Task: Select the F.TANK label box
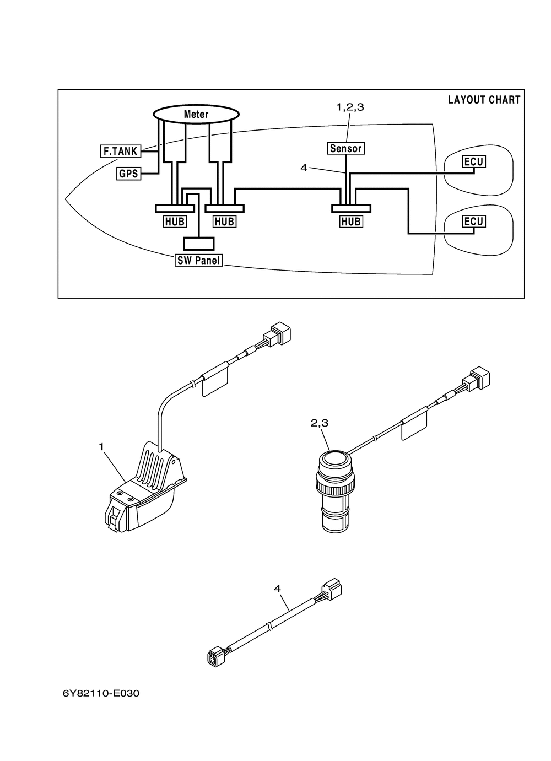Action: (x=120, y=151)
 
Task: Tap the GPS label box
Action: (x=128, y=174)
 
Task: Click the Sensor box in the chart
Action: (x=346, y=148)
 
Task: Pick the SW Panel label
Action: (x=199, y=260)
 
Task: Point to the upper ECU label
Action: (x=474, y=161)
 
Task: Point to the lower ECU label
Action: (x=474, y=222)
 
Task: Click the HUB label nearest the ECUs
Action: (x=351, y=222)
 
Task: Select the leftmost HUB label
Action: (x=175, y=222)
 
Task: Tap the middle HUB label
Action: (x=224, y=222)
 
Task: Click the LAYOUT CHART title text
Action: (x=484, y=100)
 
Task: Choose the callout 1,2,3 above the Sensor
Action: (x=350, y=107)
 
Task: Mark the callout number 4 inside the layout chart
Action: (x=304, y=168)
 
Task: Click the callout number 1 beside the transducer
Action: (x=101, y=447)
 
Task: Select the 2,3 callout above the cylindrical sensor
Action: (x=320, y=423)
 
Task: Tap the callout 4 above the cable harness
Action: (x=278, y=589)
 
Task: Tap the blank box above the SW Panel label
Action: (x=199, y=244)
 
